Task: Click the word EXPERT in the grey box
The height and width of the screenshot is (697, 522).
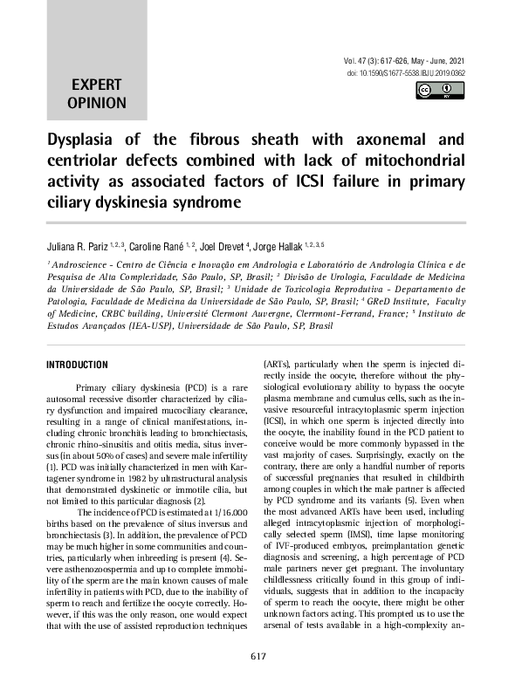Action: point(97,85)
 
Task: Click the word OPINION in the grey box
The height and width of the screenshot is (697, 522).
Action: point(97,103)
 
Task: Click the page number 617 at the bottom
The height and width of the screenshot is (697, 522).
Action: point(260,680)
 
